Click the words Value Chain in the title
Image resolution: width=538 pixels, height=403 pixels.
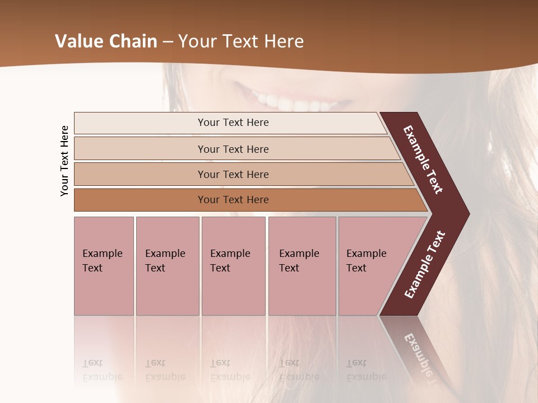[106, 41]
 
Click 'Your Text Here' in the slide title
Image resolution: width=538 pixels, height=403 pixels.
[241, 41]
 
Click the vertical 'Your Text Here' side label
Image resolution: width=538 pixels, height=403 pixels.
[64, 161]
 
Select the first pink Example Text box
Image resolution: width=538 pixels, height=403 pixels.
[104, 266]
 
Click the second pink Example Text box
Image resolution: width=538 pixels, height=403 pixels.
[167, 266]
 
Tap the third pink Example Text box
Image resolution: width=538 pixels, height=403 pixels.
[233, 266]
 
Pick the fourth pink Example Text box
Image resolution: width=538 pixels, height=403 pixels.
[302, 266]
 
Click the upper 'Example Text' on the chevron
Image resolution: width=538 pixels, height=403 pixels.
[423, 160]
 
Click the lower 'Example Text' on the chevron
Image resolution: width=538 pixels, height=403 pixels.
[424, 264]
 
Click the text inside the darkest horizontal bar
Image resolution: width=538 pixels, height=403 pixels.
[233, 200]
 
